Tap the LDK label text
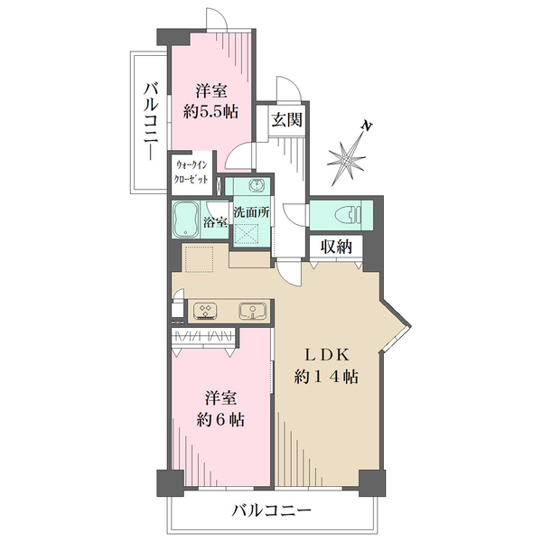pos(325,354)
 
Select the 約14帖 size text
pos(325,377)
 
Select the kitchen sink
pos(251,310)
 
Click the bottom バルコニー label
pos(271,510)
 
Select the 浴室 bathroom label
pos(215,222)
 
